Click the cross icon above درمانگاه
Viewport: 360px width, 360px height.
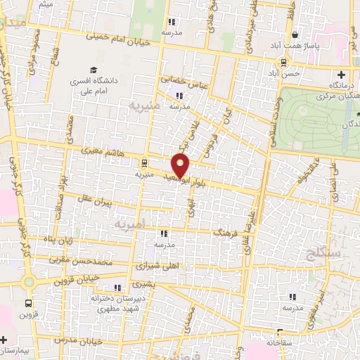coord(341,75)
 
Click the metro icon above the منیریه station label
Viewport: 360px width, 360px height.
coord(144,160)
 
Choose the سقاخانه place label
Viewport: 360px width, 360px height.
coord(281,342)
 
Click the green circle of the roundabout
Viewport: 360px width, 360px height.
coord(28,283)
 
